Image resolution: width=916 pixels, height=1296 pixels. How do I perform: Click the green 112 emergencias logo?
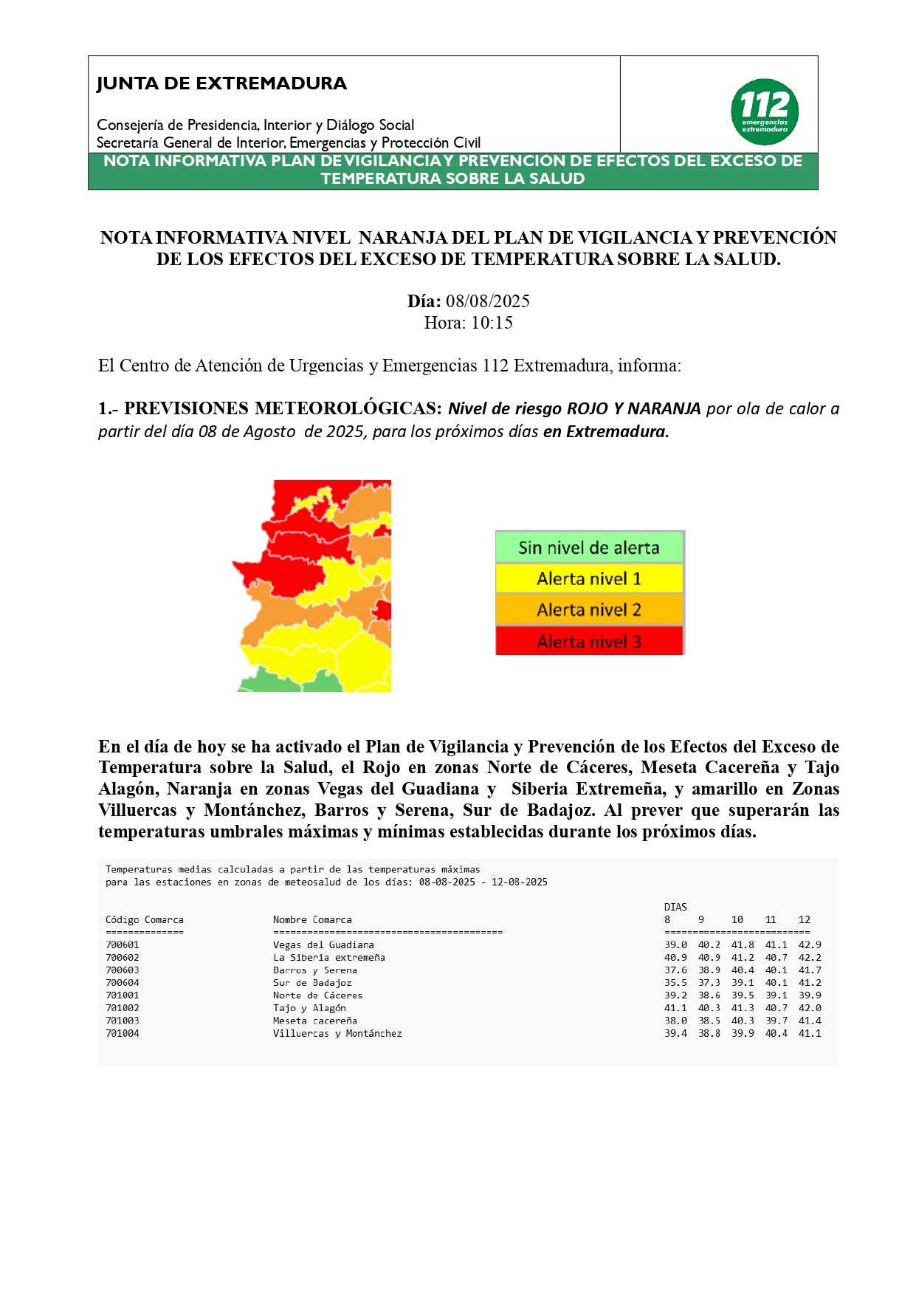(765, 112)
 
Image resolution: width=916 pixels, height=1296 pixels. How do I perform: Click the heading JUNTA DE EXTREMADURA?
(221, 83)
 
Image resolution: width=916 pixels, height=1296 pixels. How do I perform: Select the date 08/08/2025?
(487, 301)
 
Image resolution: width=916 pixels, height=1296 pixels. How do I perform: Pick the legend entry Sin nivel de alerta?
(588, 547)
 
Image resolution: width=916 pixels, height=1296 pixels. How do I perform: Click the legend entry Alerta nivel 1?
(588, 578)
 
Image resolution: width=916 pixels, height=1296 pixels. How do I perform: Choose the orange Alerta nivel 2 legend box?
(588, 610)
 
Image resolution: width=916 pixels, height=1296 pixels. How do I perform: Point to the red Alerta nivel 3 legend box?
(588, 641)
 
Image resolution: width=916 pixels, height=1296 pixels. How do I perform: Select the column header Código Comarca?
(144, 919)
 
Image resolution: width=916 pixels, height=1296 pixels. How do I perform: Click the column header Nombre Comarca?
(312, 919)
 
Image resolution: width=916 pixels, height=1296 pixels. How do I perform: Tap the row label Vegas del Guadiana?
(323, 944)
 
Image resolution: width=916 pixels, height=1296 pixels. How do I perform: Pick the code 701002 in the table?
(122, 1007)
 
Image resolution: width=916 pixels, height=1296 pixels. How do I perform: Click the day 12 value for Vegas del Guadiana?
(810, 944)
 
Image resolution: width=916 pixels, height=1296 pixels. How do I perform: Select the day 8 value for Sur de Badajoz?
(675, 982)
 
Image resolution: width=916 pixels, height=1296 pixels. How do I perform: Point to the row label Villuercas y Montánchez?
(337, 1033)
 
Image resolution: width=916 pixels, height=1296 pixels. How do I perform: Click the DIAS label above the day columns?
(675, 907)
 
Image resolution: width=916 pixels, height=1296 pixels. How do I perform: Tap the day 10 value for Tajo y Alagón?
(743, 1007)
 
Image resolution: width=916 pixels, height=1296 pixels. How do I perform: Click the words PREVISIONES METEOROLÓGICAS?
(283, 408)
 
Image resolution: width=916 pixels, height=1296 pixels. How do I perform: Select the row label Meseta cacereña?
(314, 1021)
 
